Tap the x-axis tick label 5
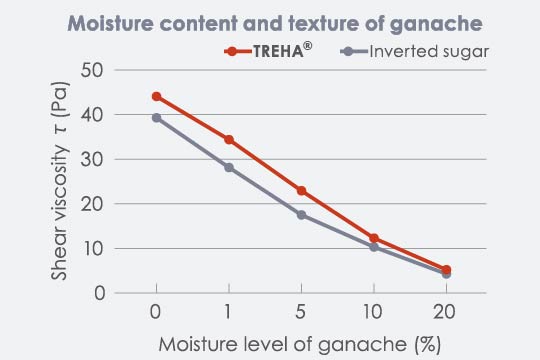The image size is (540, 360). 301,312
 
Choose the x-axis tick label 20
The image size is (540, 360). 446,312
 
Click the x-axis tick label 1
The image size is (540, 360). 229,312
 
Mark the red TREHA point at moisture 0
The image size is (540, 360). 157,96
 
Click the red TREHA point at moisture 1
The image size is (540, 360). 229,139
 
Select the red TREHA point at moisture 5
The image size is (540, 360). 301,190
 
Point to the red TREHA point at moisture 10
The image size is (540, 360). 374,238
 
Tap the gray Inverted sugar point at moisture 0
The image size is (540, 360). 157,118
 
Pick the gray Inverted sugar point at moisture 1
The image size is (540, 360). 229,167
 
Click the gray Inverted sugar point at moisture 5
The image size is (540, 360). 301,214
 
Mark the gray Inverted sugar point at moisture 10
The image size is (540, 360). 374,247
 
